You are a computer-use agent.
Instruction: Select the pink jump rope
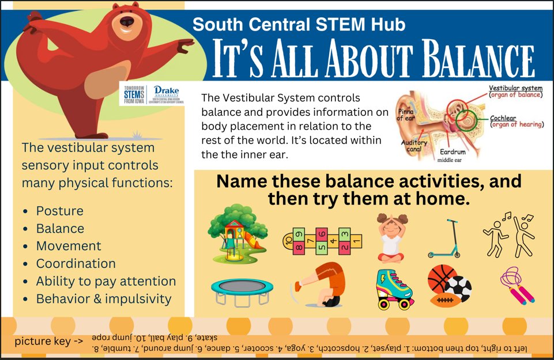517,286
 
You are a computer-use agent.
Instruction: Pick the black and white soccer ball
459,288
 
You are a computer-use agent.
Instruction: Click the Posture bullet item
59,211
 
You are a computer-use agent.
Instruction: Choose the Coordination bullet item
76,264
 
